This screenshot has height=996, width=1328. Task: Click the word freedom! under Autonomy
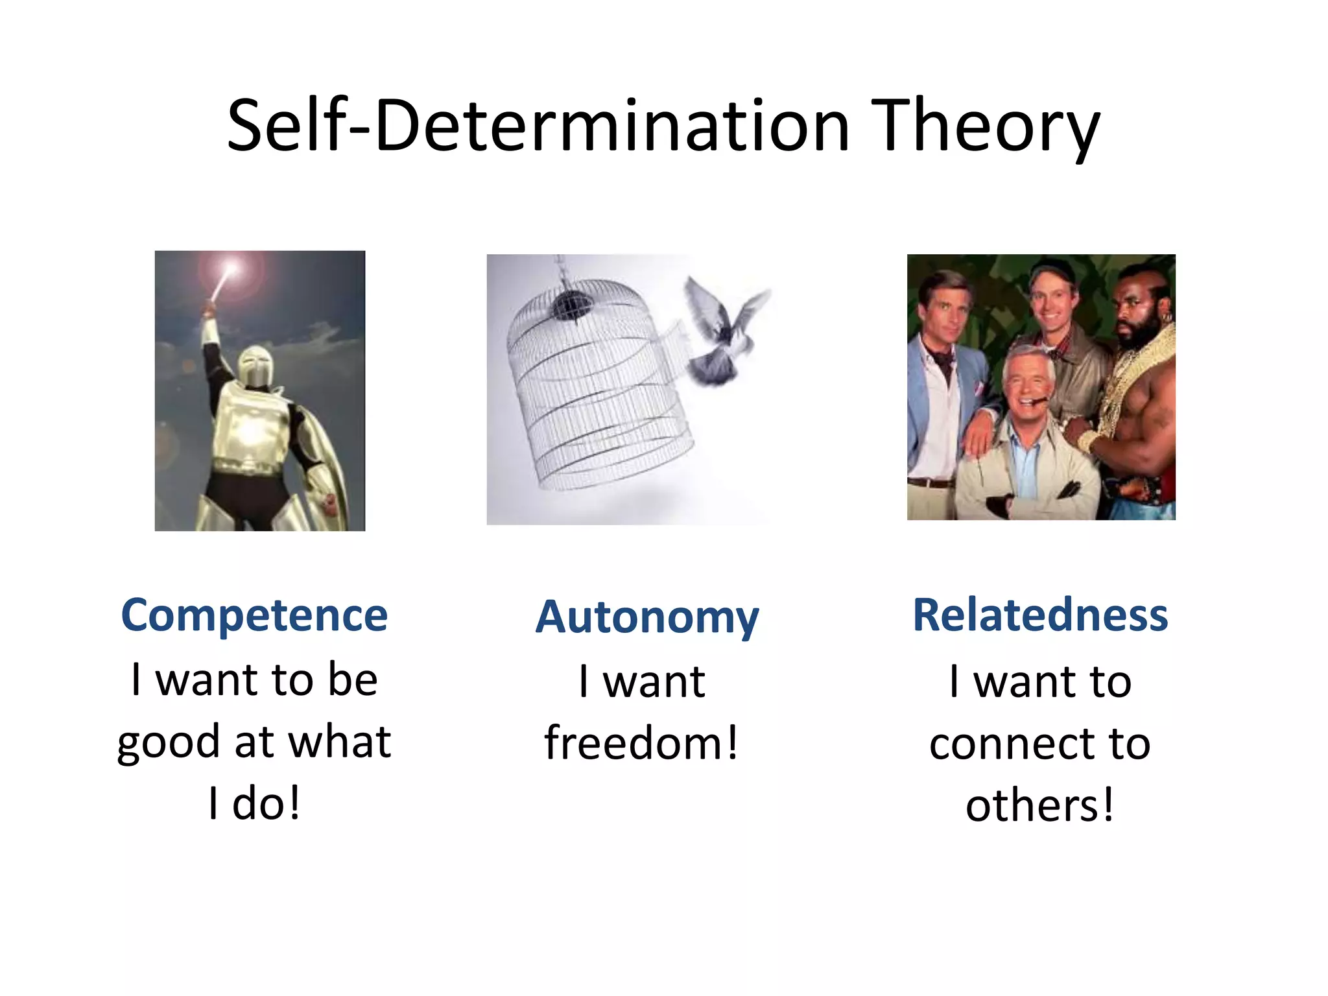click(x=641, y=743)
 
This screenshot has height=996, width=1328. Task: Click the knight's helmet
click(x=254, y=366)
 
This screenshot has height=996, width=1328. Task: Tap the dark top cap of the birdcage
click(x=569, y=303)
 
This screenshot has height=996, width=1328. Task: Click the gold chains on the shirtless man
click(x=1141, y=376)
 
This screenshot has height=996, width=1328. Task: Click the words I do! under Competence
click(x=254, y=804)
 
